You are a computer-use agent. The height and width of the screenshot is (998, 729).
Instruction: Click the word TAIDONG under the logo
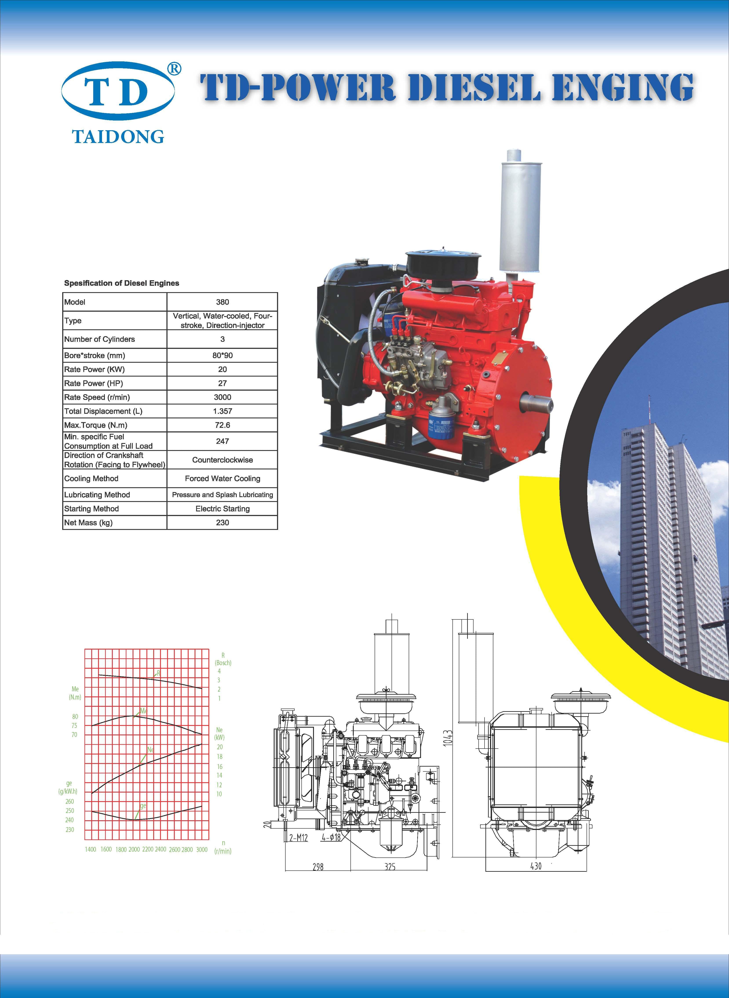click(118, 136)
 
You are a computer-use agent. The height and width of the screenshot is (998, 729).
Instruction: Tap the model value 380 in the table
click(222, 302)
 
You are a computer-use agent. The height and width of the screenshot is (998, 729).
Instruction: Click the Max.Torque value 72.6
click(222, 425)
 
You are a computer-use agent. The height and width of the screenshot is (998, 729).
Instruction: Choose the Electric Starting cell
click(222, 509)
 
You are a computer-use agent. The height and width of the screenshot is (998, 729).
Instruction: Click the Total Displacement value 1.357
click(222, 411)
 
